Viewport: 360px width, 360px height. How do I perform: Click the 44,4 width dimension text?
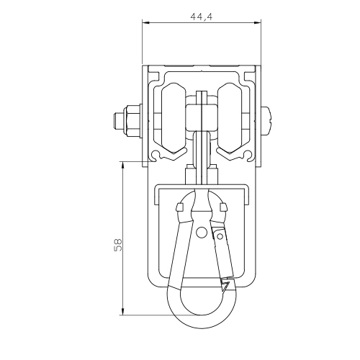click(x=202, y=17)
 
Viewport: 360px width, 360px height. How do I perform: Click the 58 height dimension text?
click(x=118, y=245)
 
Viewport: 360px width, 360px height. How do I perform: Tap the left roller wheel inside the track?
click(x=174, y=118)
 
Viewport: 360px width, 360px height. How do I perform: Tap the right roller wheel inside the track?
click(x=230, y=118)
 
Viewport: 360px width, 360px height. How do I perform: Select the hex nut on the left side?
click(x=132, y=121)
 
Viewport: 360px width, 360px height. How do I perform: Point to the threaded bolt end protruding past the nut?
click(x=119, y=121)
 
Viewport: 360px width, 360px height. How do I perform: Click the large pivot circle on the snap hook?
click(x=202, y=232)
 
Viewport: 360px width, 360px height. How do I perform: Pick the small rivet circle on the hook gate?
click(x=220, y=237)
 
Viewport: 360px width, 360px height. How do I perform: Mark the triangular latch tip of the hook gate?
click(x=225, y=287)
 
